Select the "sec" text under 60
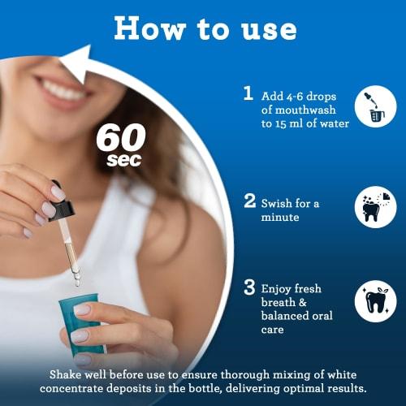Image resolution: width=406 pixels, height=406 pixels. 123,159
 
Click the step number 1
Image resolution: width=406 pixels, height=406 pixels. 248,93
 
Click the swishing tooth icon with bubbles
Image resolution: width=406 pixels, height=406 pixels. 374,208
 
